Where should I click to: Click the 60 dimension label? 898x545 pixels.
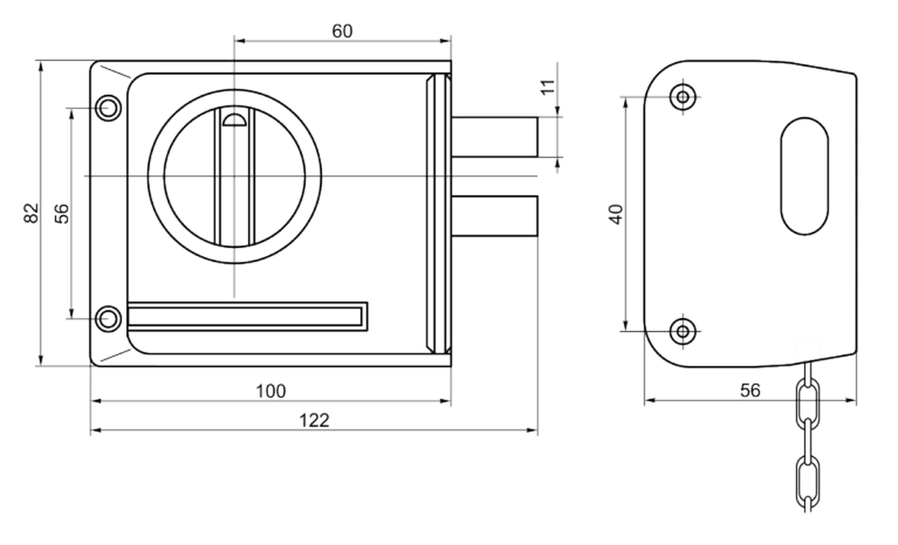tap(342, 31)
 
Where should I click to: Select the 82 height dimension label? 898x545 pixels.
tap(31, 213)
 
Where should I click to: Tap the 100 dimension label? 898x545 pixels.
tap(271, 391)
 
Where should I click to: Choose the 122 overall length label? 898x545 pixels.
tap(314, 421)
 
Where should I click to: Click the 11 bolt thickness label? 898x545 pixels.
tap(548, 87)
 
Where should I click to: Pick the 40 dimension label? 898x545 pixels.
tap(616, 214)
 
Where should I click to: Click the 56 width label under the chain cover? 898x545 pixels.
tap(750, 390)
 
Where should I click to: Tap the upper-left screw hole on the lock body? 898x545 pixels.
tap(108, 108)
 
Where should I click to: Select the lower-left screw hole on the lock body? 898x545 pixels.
tap(108, 319)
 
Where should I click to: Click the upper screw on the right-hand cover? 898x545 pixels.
tap(682, 97)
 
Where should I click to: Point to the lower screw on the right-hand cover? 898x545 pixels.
tap(682, 331)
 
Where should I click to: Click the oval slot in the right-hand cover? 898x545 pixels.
tap(805, 176)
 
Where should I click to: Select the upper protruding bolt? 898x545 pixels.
tap(494, 137)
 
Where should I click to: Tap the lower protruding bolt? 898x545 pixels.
tap(494, 216)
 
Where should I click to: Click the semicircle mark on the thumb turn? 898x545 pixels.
tap(234, 120)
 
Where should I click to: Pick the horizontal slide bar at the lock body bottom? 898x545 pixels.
tap(248, 317)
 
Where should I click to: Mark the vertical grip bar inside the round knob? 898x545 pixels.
tap(235, 176)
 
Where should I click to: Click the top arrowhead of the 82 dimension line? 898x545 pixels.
tap(40, 66)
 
